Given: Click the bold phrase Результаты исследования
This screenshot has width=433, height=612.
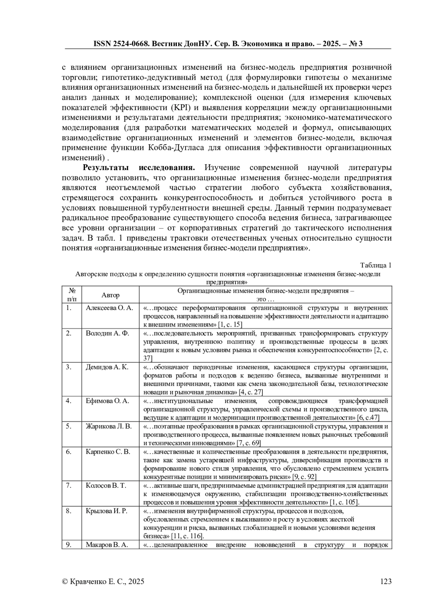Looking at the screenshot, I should (x=139, y=168).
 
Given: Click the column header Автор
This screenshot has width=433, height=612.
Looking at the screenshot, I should (x=110, y=295).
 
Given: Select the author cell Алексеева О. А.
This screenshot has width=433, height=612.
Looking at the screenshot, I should (x=109, y=308).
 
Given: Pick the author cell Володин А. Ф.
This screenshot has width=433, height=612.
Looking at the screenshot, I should (x=108, y=333).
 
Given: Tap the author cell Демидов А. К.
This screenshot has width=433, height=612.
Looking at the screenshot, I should (x=107, y=367).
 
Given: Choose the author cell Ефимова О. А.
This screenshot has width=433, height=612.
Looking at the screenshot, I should (x=107, y=401).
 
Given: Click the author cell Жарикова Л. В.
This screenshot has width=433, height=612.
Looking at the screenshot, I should (x=109, y=426).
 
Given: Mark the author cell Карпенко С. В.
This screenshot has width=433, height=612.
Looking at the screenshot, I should (x=108, y=452).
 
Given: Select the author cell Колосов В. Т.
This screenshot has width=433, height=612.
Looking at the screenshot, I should (x=106, y=485).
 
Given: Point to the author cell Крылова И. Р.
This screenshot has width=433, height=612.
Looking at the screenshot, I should (x=106, y=511).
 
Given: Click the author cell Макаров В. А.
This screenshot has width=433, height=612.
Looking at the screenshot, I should (x=107, y=545).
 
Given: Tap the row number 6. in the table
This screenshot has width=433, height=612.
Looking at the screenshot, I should (x=69, y=452).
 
